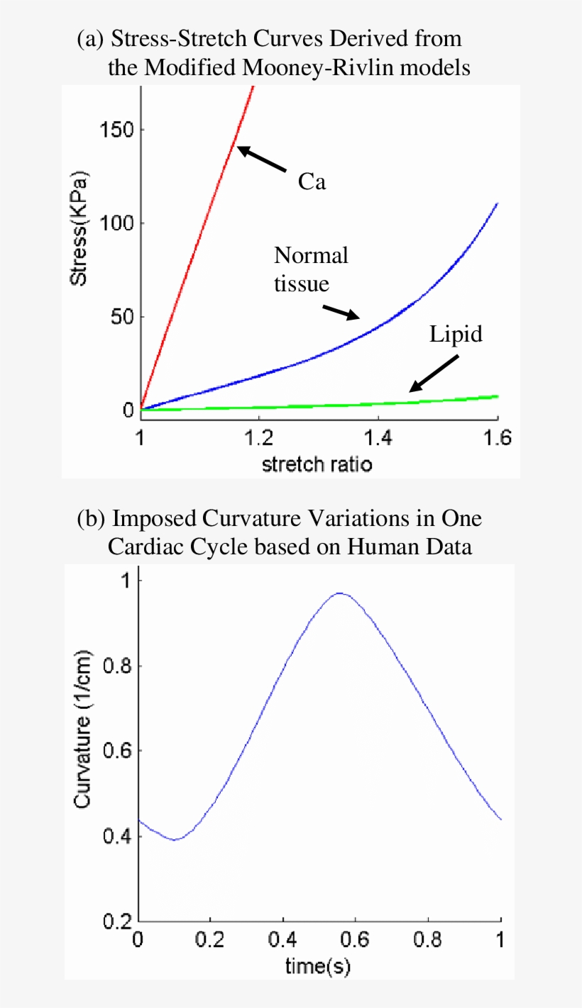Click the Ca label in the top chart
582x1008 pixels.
click(x=312, y=182)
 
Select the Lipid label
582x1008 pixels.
click(x=456, y=334)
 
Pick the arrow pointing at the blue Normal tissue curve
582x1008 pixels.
click(x=341, y=313)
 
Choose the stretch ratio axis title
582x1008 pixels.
click(x=317, y=464)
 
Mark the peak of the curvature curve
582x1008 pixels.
click(x=341, y=593)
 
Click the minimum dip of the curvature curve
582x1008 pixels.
click(x=175, y=839)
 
